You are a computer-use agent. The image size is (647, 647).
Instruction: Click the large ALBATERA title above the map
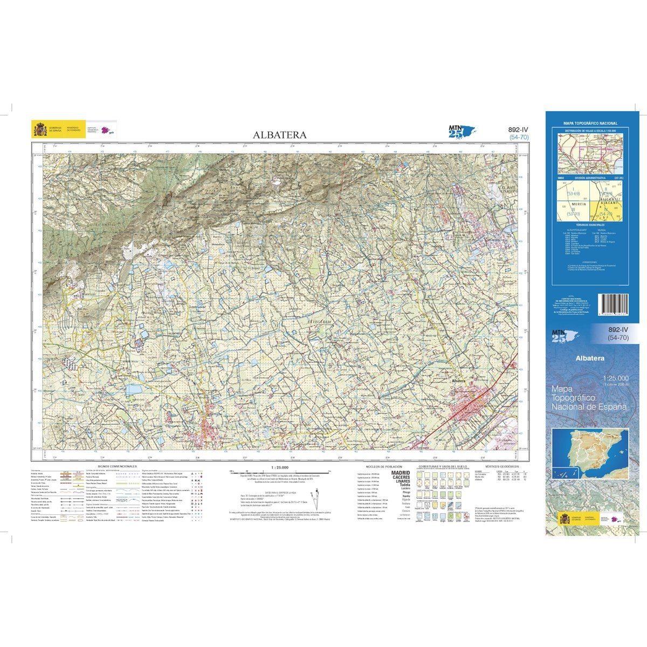(280, 135)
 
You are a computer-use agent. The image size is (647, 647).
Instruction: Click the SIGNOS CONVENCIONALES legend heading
(118, 466)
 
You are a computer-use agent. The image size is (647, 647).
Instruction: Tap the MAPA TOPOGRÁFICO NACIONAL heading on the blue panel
(590, 123)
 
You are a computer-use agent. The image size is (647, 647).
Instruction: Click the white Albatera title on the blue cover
(589, 357)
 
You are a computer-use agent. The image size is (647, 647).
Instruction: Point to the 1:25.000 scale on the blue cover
(616, 378)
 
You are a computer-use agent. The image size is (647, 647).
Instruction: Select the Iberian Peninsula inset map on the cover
(591, 451)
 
